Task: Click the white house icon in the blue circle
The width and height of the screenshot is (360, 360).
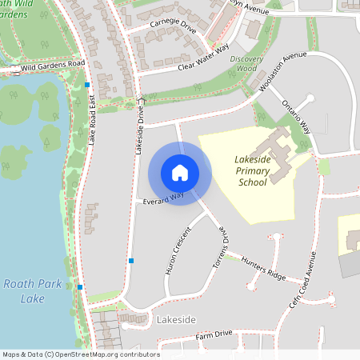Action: tap(180, 173)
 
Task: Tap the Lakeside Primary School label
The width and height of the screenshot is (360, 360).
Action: tap(253, 170)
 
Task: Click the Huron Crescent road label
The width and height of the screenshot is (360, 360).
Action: tap(178, 251)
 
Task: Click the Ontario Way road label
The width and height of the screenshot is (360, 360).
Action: tap(296, 116)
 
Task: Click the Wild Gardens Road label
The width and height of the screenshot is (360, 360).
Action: tap(53, 65)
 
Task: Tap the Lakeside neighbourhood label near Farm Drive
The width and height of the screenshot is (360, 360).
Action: tap(176, 320)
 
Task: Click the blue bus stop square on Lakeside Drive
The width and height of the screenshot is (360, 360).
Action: tap(131, 261)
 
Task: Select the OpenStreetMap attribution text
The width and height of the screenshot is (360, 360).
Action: tap(80, 354)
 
